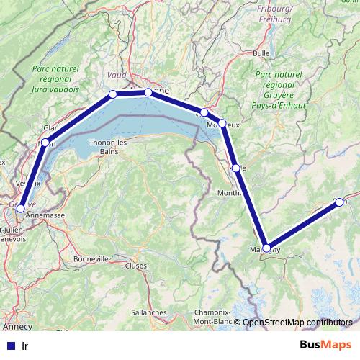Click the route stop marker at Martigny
266,248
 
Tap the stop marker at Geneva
20,208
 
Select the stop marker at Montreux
222,124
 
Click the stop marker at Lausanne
148,92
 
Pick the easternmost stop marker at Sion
339,202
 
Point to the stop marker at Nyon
45,143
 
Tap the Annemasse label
45,215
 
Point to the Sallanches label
149,312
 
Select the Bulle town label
261,53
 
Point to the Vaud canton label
116,74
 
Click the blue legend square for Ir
11,344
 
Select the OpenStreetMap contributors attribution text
297,323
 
